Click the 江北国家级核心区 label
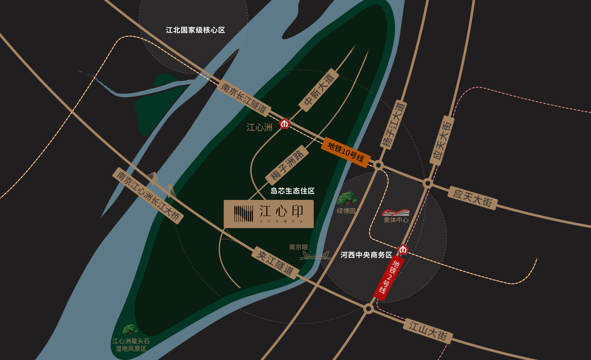pyautogui.click(x=195, y=30)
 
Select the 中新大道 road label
pyautogui.click(x=319, y=90)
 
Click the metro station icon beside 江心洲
pyautogui.click(x=285, y=124)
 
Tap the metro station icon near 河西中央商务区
pyautogui.click(x=403, y=249)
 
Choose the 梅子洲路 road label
pyautogui.click(x=287, y=165)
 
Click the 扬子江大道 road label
pyautogui.click(x=393, y=125)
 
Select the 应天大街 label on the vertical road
pyautogui.click(x=442, y=140)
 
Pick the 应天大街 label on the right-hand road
pyautogui.click(x=473, y=198)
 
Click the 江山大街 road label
pyautogui.click(x=428, y=331)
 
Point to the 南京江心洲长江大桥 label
pyautogui.click(x=148, y=196)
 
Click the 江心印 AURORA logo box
pyautogui.click(x=269, y=214)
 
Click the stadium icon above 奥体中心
pyautogui.click(x=396, y=212)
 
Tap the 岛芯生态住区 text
pyautogui.click(x=292, y=191)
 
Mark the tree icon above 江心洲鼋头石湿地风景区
pyautogui.click(x=131, y=330)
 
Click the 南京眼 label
pyautogui.click(x=299, y=247)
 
